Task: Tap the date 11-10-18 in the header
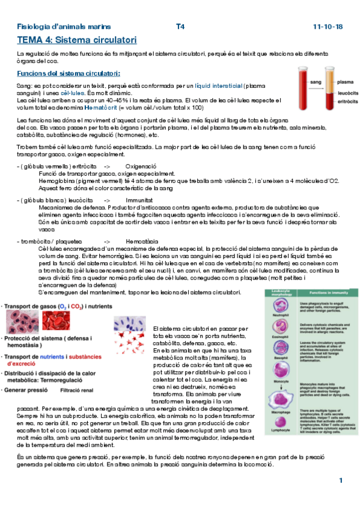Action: point(328,27)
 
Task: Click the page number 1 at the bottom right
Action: point(340,481)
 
